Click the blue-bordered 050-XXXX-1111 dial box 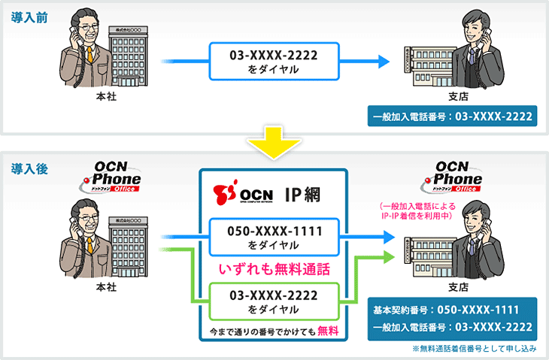coord(274,235)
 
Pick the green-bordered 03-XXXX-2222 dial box coord(274,301)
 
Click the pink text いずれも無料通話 coord(274,268)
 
